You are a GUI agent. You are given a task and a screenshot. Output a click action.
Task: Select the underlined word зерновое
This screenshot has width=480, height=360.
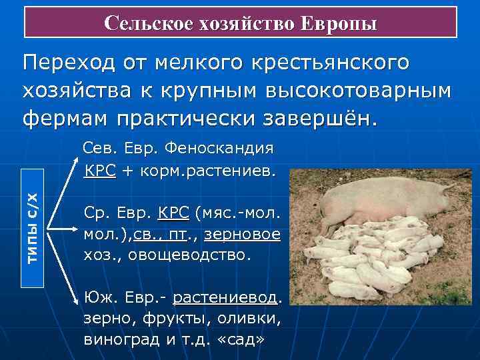point(242,235)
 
